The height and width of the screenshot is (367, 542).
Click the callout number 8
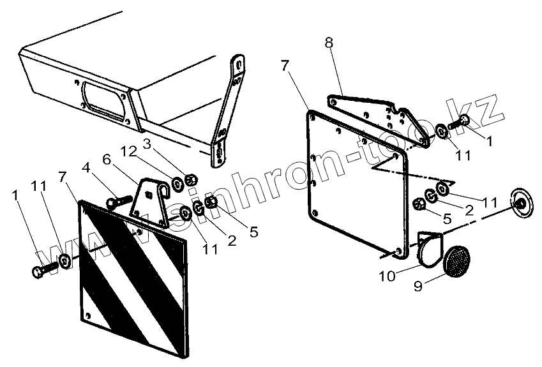point(328,44)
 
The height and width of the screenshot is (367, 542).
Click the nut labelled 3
point(190,179)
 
